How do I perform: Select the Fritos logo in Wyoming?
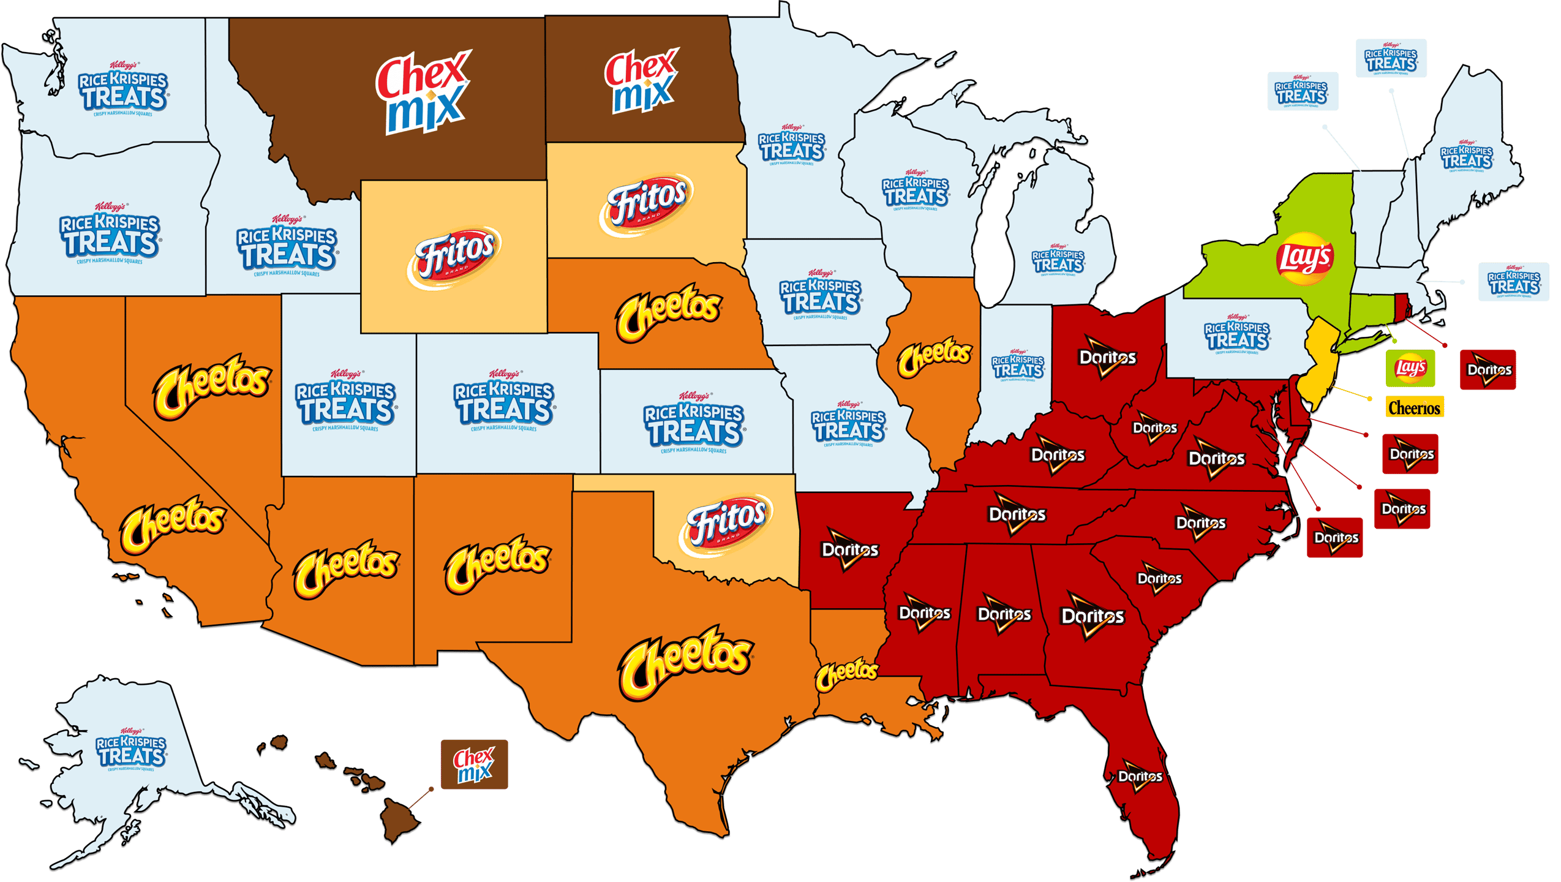pos(454,257)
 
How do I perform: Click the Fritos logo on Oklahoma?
pos(726,524)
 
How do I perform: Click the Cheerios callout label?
pos(1414,407)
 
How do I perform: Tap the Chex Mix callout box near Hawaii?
pos(474,764)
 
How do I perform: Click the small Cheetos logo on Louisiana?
pos(846,674)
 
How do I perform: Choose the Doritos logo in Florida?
pos(1140,778)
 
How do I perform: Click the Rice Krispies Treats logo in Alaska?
pos(130,750)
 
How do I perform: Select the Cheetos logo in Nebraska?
pos(669,312)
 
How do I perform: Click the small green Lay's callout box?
pos(1410,368)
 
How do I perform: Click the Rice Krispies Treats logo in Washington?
pos(123,91)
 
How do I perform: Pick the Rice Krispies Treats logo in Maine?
pos(1466,156)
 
